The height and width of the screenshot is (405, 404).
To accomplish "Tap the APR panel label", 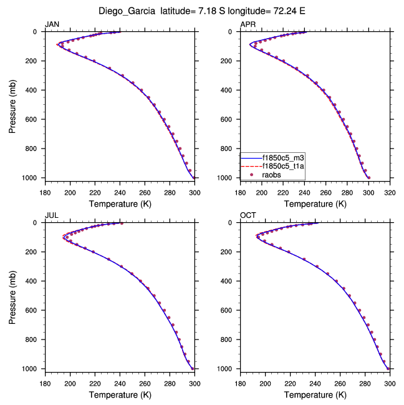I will [248, 24].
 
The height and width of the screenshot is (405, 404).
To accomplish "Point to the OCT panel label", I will [248, 215].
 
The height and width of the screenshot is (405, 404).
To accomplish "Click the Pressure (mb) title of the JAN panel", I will [13, 105].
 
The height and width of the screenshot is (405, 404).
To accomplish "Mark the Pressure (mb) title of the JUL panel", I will [13, 296].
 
